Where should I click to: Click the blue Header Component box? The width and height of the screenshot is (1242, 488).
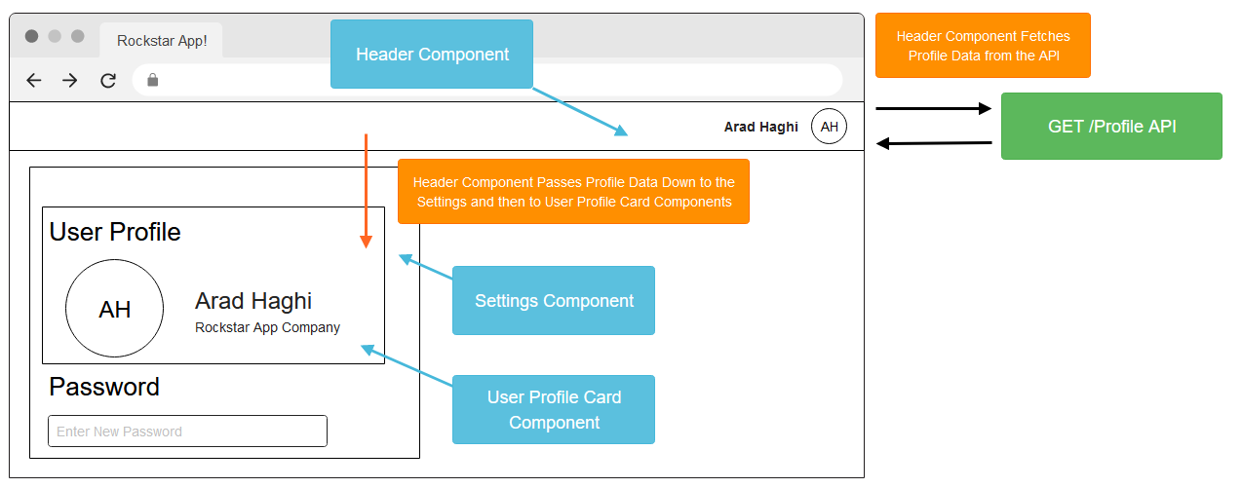click(x=431, y=54)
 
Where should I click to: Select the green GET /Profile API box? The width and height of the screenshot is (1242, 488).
click(x=1111, y=127)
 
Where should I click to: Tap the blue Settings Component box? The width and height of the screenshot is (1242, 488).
click(x=554, y=300)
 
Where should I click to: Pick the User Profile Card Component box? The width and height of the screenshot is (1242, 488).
click(x=554, y=409)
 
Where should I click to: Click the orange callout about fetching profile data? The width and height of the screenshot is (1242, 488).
click(x=983, y=46)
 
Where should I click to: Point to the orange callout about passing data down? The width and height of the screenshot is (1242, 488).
click(x=573, y=192)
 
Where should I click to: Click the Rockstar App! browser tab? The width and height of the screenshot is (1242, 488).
click(x=162, y=41)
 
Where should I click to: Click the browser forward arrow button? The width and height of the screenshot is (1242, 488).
click(x=70, y=81)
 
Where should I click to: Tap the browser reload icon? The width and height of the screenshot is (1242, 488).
click(x=108, y=81)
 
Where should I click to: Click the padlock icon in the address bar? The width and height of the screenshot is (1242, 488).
click(x=152, y=80)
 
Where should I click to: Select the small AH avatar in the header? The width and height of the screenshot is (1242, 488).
click(x=829, y=127)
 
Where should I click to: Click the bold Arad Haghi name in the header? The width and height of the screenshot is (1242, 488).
click(x=760, y=127)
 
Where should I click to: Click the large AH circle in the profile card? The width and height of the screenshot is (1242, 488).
click(x=114, y=308)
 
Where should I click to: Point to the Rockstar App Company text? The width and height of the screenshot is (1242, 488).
click(x=267, y=327)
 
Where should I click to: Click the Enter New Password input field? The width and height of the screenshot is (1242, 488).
click(x=187, y=431)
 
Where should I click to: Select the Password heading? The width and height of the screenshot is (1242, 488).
click(x=104, y=387)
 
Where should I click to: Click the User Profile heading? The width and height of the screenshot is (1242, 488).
click(x=115, y=232)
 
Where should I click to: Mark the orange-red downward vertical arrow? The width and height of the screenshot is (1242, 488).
click(x=366, y=191)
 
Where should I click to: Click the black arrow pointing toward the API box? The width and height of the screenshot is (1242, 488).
click(x=934, y=108)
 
